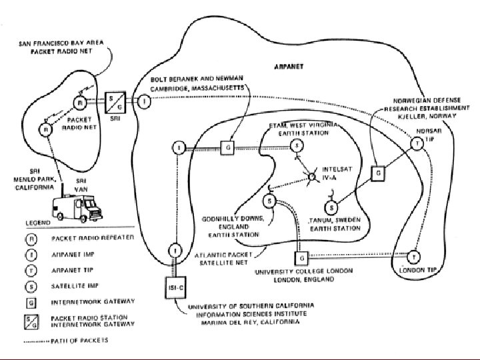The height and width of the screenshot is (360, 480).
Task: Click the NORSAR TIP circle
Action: (x=416, y=143)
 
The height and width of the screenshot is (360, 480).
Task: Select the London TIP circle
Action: (x=414, y=256)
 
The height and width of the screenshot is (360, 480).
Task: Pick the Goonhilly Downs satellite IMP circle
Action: (x=269, y=200)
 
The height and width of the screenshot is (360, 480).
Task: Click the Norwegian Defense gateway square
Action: (x=378, y=173)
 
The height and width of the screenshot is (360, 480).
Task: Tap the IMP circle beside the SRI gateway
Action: (x=145, y=101)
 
